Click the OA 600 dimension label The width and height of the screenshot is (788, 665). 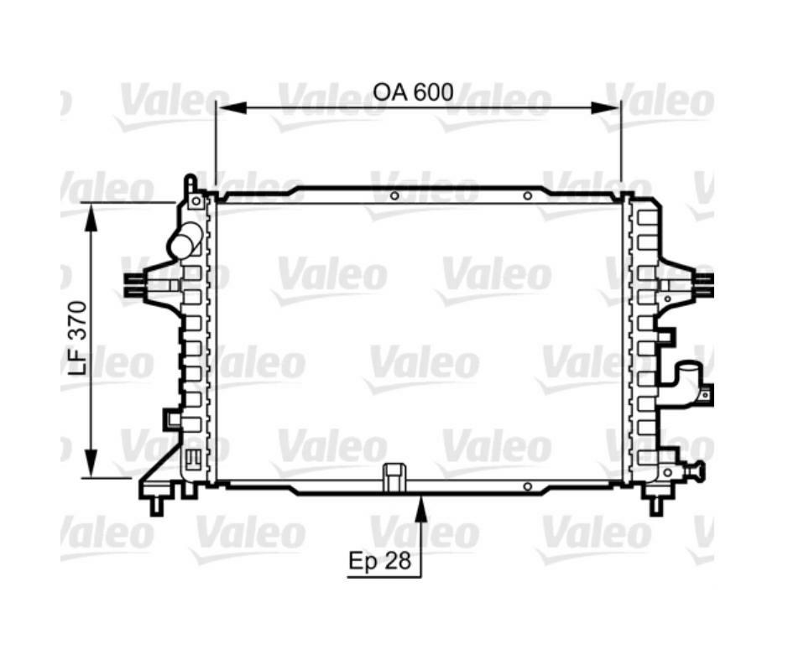pyautogui.click(x=413, y=92)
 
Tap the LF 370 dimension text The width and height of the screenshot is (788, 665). pyautogui.click(x=78, y=338)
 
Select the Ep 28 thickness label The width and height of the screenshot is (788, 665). pyautogui.click(x=380, y=560)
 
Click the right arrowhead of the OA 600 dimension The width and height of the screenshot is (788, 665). pyautogui.click(x=606, y=107)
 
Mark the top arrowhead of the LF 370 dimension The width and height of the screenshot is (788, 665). pyautogui.click(x=91, y=217)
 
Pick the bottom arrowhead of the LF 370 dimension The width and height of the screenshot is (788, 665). pyautogui.click(x=91, y=464)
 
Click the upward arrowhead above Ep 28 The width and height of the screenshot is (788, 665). pyautogui.click(x=421, y=508)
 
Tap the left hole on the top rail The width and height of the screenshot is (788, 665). pyautogui.click(x=394, y=195)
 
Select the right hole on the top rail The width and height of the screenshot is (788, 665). pyautogui.click(x=527, y=195)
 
